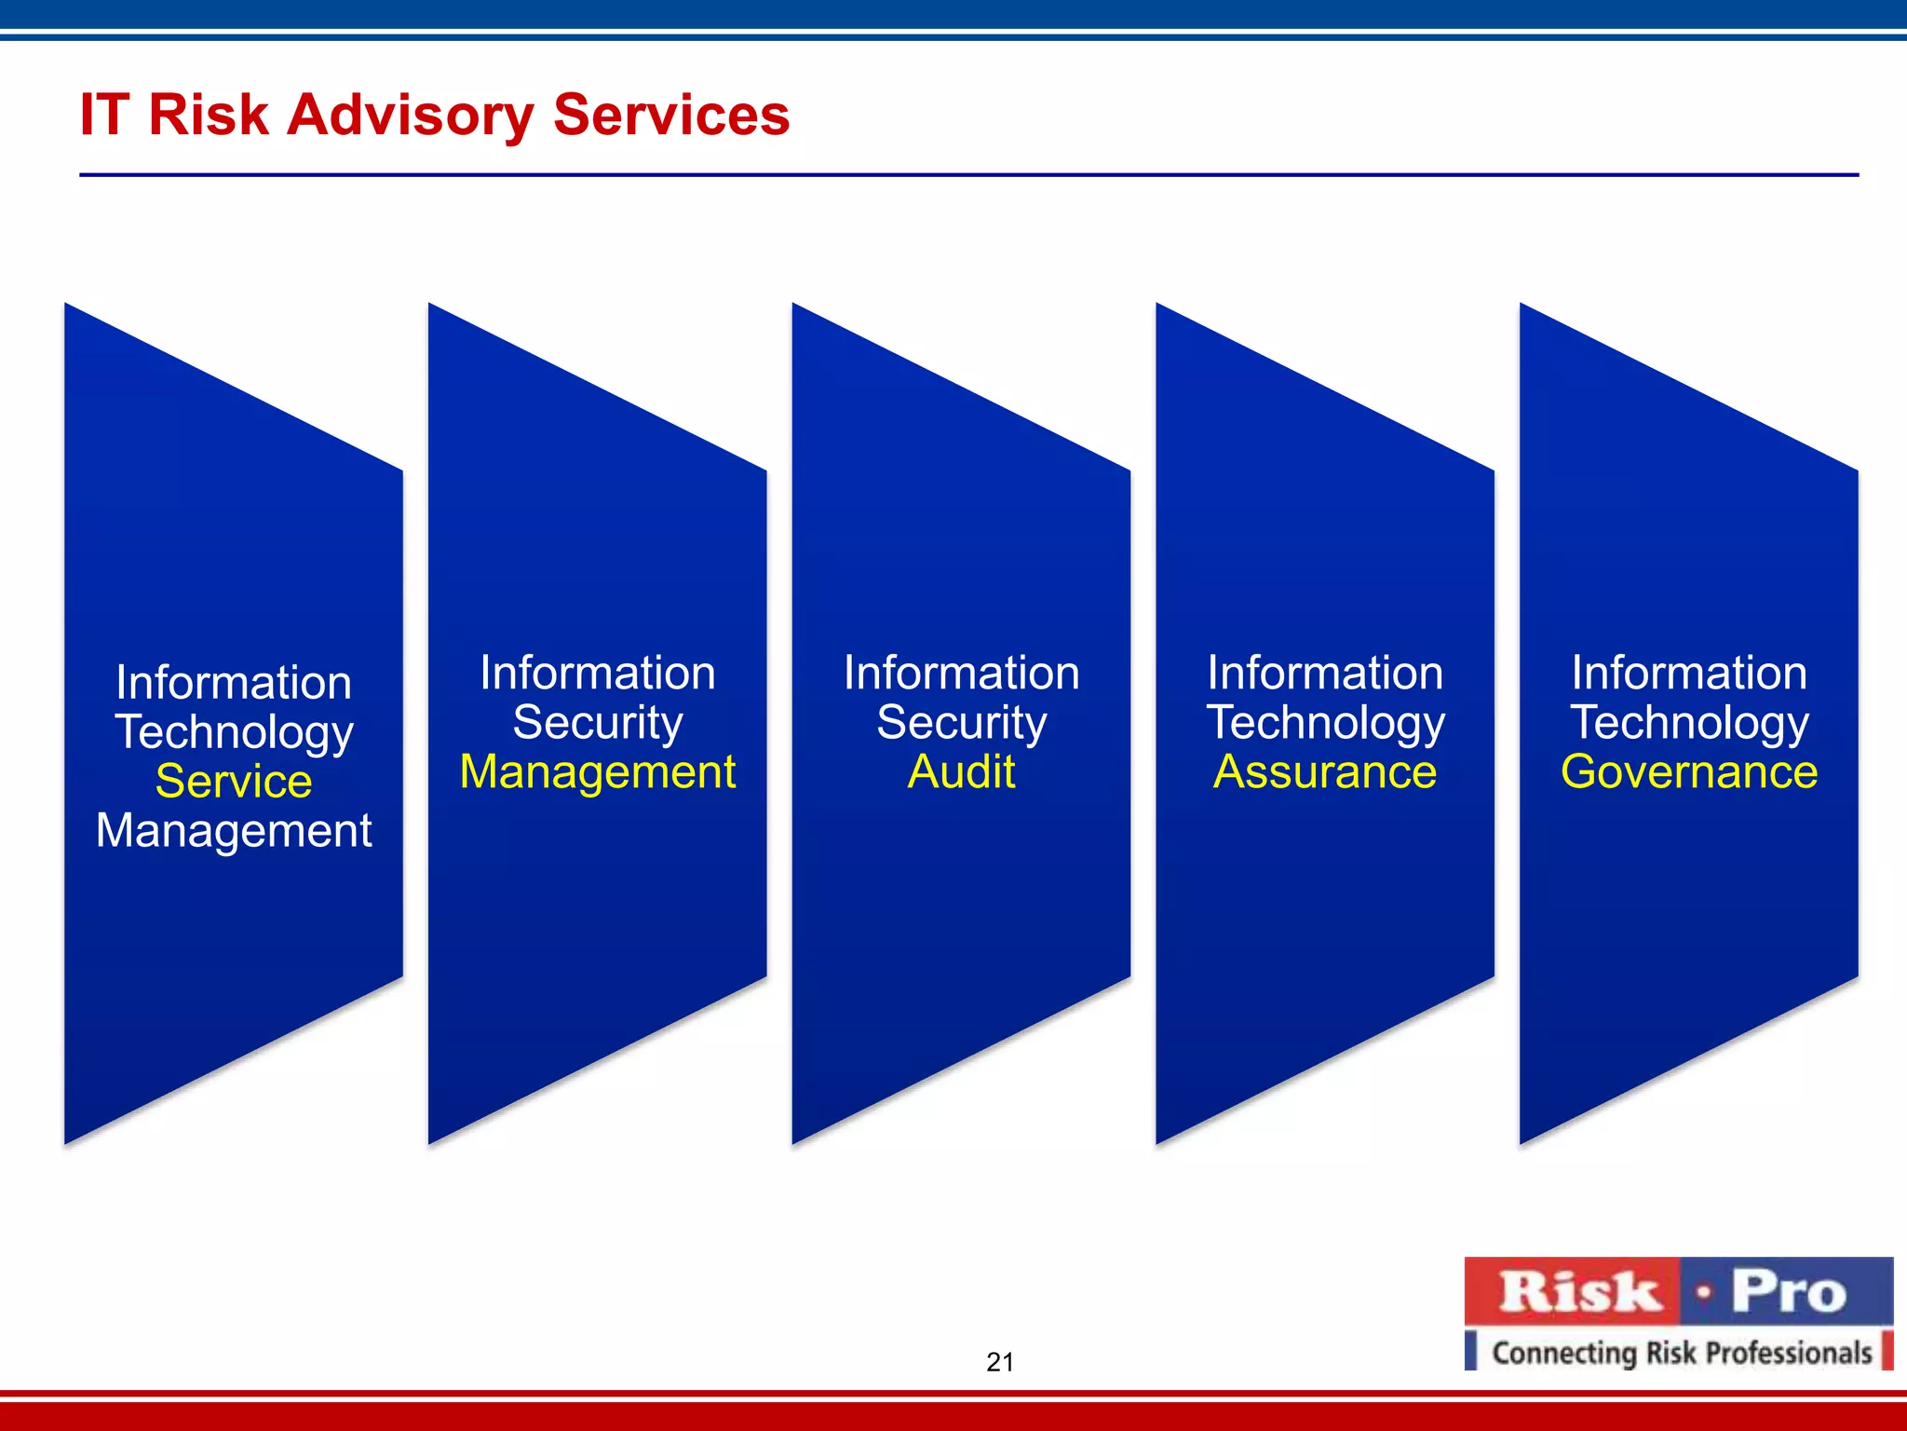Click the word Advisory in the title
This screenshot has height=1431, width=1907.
click(410, 116)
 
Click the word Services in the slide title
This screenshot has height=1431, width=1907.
click(670, 116)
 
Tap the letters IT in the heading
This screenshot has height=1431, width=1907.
click(103, 116)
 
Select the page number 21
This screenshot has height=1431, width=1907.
click(999, 1362)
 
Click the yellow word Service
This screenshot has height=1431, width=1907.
click(234, 781)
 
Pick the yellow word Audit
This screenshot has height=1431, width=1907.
click(961, 771)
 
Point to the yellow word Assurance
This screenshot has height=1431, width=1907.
click(1325, 771)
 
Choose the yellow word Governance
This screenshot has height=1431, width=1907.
click(1689, 771)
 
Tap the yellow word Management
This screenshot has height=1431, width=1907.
click(598, 771)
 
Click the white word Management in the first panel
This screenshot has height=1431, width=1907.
click(234, 830)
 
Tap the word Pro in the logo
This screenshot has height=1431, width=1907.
click(1788, 1292)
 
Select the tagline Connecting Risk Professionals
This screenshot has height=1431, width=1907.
click(1682, 1352)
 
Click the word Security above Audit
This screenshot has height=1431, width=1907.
click(961, 722)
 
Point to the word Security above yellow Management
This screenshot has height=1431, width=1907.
click(598, 722)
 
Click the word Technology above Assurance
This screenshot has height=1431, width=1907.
click(1325, 722)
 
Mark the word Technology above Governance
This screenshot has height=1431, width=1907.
click(1689, 722)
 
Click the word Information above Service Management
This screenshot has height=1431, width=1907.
click(234, 683)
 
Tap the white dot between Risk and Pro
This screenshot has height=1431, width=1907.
click(1704, 1292)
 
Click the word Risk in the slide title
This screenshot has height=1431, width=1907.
click(209, 116)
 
